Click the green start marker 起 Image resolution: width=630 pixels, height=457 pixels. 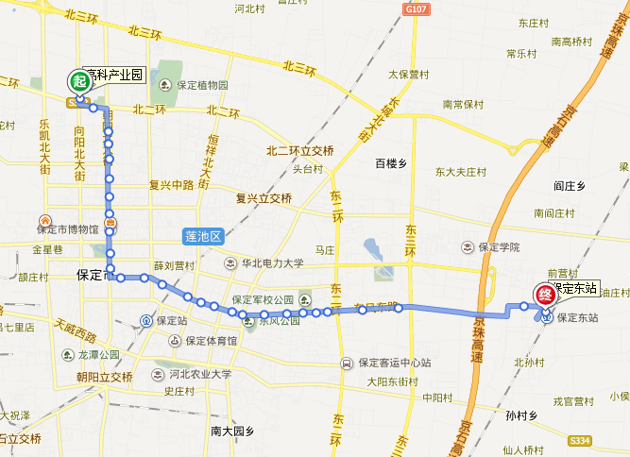tap(78, 82)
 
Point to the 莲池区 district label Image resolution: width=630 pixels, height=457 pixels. tap(202, 236)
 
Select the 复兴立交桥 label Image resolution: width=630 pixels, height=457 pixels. tap(264, 199)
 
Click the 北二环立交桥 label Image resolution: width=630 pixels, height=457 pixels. tap(300, 150)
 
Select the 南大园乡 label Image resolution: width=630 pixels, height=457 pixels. tap(232, 431)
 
